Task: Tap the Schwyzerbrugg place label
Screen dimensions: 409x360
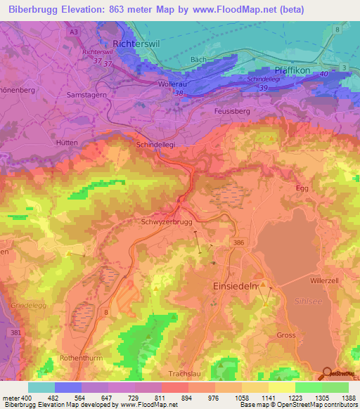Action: pos(167,221)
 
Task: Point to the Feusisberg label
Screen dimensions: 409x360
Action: pos(231,111)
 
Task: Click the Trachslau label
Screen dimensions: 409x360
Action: pos(186,374)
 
